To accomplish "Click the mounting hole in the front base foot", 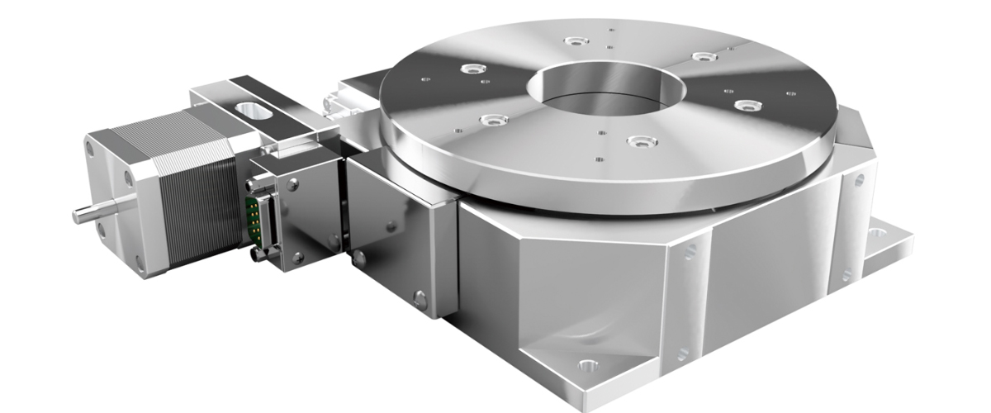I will [x=587, y=364].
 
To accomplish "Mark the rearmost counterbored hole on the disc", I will [x=571, y=40].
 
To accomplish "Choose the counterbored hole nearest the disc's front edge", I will [x=637, y=142].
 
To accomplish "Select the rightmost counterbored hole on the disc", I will [x=747, y=105].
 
